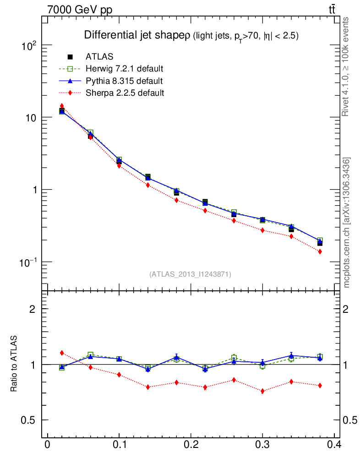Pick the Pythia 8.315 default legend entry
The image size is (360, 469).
coord(124,81)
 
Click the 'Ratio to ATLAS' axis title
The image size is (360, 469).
coord(14,365)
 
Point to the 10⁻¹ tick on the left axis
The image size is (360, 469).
coord(28,262)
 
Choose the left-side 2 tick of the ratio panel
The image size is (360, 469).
coord(33,309)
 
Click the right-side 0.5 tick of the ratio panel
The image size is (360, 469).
coord(351,420)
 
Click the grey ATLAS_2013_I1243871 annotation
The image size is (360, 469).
coord(190,274)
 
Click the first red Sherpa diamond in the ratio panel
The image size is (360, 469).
coord(62,353)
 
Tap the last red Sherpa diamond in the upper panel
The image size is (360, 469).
coord(320,251)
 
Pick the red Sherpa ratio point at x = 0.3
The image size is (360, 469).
coord(262,391)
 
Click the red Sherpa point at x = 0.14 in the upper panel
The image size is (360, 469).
coord(148,185)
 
